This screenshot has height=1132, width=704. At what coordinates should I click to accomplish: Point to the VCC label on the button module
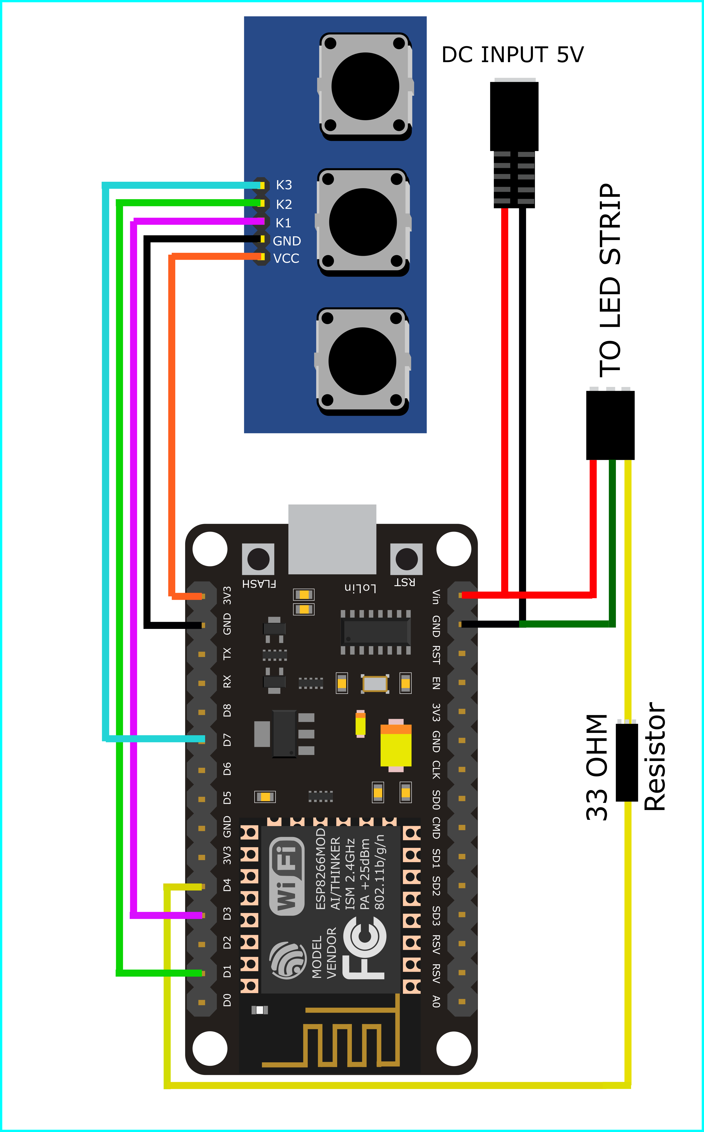point(286,258)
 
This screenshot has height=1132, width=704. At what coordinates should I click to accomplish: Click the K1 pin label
point(283,223)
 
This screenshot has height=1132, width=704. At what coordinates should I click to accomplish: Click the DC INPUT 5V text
point(512,55)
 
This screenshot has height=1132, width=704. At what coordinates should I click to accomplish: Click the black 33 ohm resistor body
point(627,763)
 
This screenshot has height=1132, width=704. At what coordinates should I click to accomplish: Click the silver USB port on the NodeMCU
point(332,539)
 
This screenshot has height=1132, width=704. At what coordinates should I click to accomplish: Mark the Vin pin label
point(436,597)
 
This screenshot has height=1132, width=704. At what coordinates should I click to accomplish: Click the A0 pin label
point(436,1001)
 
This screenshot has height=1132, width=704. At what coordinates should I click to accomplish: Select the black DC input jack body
point(514,116)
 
